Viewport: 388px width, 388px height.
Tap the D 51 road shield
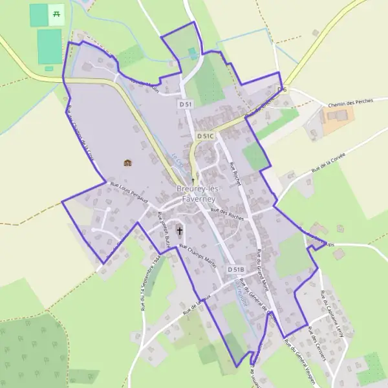pos(186,103)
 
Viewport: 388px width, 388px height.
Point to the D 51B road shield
pos(236,268)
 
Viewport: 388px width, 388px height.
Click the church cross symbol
pos(179,230)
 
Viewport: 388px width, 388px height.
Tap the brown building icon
pos(127,163)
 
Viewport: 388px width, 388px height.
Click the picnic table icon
pos(57,14)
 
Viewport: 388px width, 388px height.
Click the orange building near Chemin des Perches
pos(338,120)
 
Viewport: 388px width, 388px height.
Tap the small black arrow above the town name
pos(193,180)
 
